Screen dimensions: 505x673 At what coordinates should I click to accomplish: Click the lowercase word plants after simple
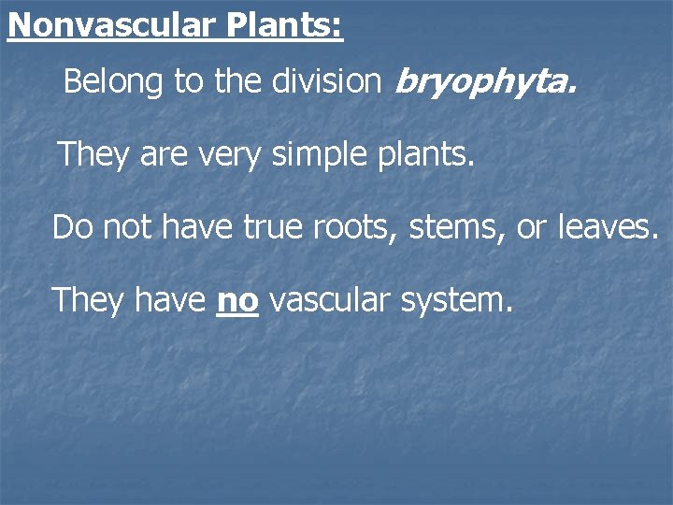point(430,154)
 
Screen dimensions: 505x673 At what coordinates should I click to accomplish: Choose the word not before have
point(125,227)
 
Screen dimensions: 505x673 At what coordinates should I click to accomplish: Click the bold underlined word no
point(237,300)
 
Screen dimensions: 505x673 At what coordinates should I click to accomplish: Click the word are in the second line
point(163,154)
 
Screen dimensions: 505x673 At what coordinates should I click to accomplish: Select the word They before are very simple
point(93,154)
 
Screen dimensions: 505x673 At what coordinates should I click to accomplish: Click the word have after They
point(170,300)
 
